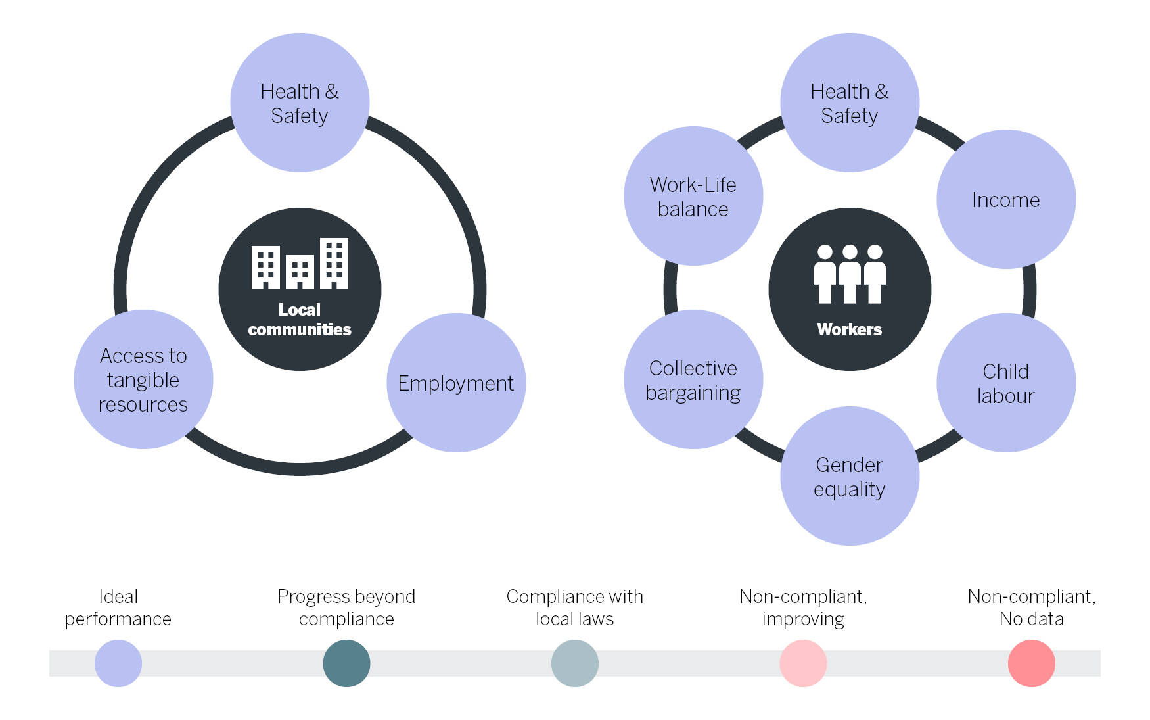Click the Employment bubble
pyautogui.click(x=456, y=383)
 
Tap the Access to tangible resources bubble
pyautogui.click(x=143, y=379)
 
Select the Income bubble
pyautogui.click(x=1005, y=199)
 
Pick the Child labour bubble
pyautogui.click(x=1005, y=383)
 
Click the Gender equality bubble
pyautogui.click(x=849, y=476)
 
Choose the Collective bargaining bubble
pyautogui.click(x=693, y=379)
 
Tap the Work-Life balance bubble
pyautogui.click(x=693, y=196)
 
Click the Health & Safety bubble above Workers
pyautogui.click(x=849, y=103)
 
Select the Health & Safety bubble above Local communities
pyautogui.click(x=300, y=103)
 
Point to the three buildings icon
pyautogui.click(x=300, y=264)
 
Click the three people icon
pyautogui.click(x=849, y=274)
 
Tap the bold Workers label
pyautogui.click(x=849, y=329)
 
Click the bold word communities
pyautogui.click(x=300, y=329)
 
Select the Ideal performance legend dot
pyautogui.click(x=118, y=663)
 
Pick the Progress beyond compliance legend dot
pyautogui.click(x=346, y=663)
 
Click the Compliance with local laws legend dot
pyautogui.click(x=575, y=663)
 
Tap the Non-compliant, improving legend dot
pyautogui.click(x=803, y=663)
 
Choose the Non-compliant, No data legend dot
pyautogui.click(x=1031, y=663)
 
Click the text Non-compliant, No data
pyautogui.click(x=1031, y=608)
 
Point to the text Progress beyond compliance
pyautogui.click(x=346, y=608)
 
